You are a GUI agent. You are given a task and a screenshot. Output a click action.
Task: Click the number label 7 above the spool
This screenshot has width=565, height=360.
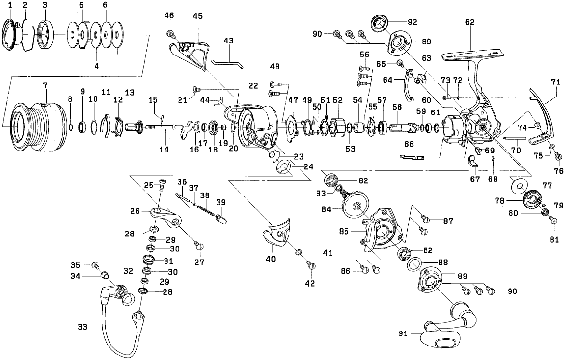[x=45, y=85]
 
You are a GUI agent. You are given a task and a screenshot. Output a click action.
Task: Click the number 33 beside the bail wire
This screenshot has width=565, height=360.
[x=83, y=327]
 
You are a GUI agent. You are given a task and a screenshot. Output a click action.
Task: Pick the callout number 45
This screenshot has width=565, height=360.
[x=197, y=16]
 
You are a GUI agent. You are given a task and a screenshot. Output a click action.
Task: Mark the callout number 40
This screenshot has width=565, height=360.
[x=270, y=259]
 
